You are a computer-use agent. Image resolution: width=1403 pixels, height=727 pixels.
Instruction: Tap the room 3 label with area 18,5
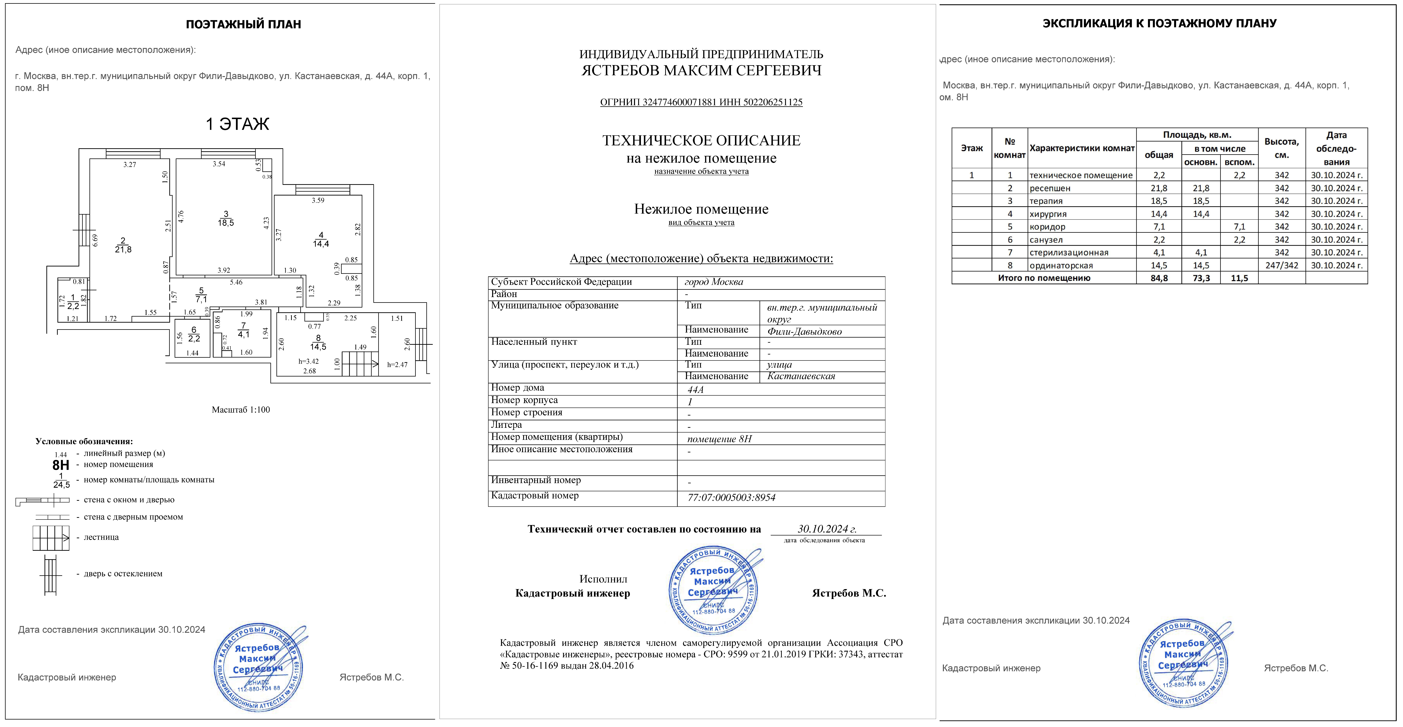click(225, 218)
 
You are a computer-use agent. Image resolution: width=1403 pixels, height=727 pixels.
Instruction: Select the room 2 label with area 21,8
click(123, 245)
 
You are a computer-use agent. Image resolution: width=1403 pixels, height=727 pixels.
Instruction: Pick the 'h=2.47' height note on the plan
click(397, 365)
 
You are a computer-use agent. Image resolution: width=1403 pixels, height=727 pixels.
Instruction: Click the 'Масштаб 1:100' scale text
click(241, 410)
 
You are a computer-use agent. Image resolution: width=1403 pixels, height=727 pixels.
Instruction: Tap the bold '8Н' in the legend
click(60, 465)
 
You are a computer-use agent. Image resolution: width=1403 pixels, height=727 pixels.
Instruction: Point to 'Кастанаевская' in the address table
click(801, 376)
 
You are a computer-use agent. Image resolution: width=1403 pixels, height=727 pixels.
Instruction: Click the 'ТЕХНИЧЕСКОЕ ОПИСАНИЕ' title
click(701, 141)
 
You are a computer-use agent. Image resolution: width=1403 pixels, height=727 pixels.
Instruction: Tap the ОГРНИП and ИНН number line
click(701, 102)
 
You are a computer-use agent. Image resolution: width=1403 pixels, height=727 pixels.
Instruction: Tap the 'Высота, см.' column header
click(1282, 148)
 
